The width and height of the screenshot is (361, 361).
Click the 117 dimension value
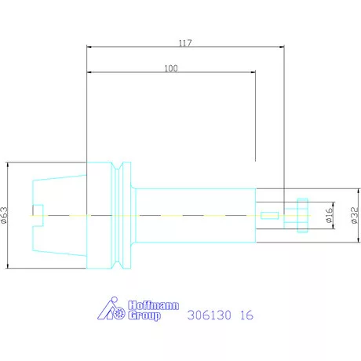point(185,43)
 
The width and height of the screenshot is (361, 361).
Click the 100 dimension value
point(171,68)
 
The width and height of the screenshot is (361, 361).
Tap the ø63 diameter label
point(5,215)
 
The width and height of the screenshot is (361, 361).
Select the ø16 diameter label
point(330,215)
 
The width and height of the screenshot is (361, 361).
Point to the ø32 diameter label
point(355,215)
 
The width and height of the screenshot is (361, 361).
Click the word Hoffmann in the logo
point(154,305)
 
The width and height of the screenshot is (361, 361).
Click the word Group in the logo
point(144,315)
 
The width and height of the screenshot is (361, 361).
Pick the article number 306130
point(210,315)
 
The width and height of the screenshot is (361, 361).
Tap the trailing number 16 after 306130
point(246,315)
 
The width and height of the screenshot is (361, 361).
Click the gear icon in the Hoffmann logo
point(119,312)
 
